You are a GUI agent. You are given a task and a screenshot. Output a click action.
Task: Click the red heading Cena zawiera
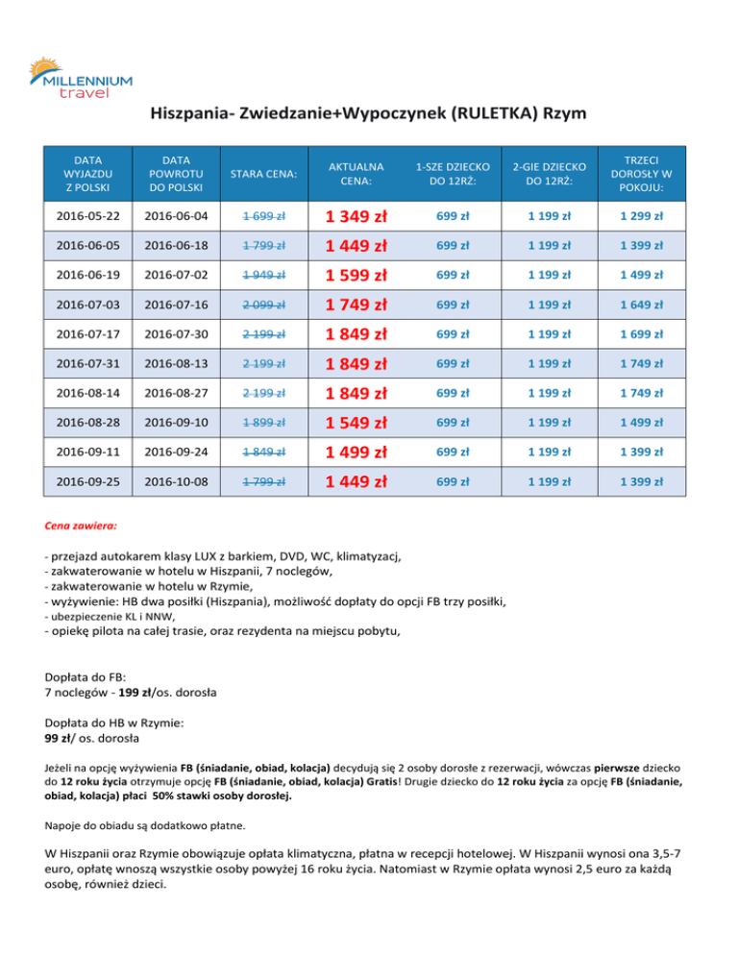click(x=82, y=527)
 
